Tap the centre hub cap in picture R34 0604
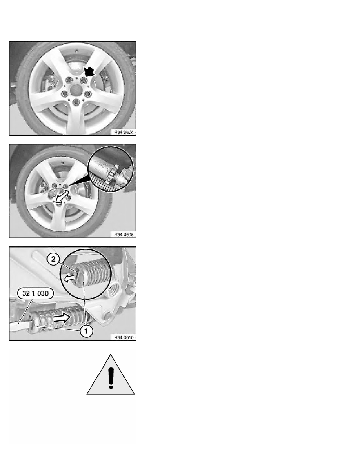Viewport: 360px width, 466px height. click(76, 88)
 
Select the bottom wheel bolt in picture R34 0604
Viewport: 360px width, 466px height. click(76, 102)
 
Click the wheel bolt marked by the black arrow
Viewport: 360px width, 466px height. click(83, 80)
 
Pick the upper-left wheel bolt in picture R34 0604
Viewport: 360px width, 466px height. click(69, 80)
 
